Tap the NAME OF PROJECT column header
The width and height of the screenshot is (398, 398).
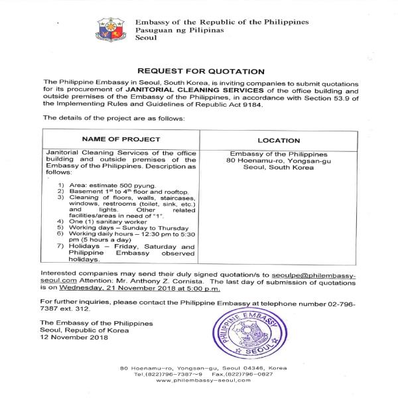coord(121,139)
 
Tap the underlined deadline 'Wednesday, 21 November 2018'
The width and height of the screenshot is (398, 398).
coord(111,289)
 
